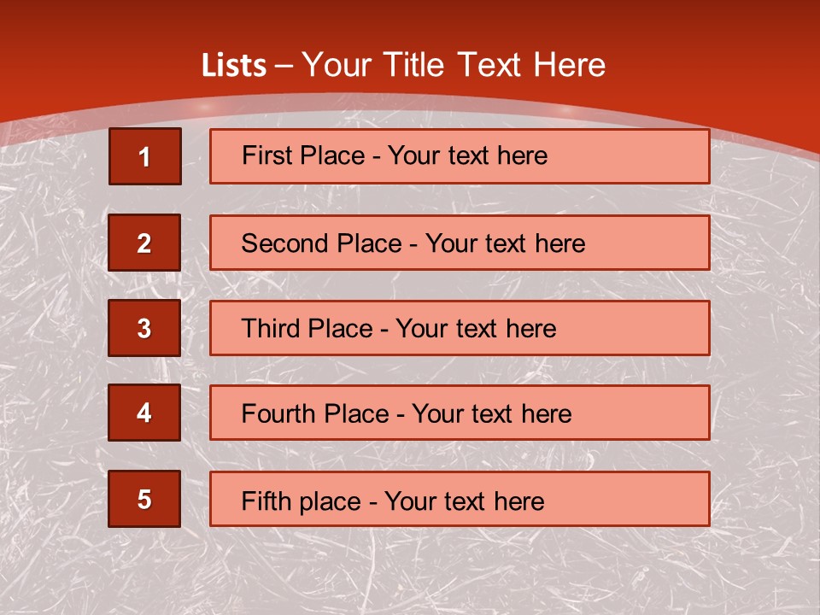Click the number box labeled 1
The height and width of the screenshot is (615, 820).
click(x=144, y=156)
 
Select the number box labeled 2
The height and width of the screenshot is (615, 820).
click(x=144, y=243)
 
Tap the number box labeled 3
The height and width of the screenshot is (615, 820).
click(x=144, y=328)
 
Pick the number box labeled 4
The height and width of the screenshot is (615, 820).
click(x=144, y=413)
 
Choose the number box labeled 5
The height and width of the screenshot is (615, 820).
click(x=144, y=499)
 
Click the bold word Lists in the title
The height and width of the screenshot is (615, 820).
click(x=234, y=66)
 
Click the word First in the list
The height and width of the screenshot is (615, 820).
click(x=266, y=155)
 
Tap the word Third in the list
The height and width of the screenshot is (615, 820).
click(x=271, y=329)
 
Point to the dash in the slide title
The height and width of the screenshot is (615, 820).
click(x=285, y=66)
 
